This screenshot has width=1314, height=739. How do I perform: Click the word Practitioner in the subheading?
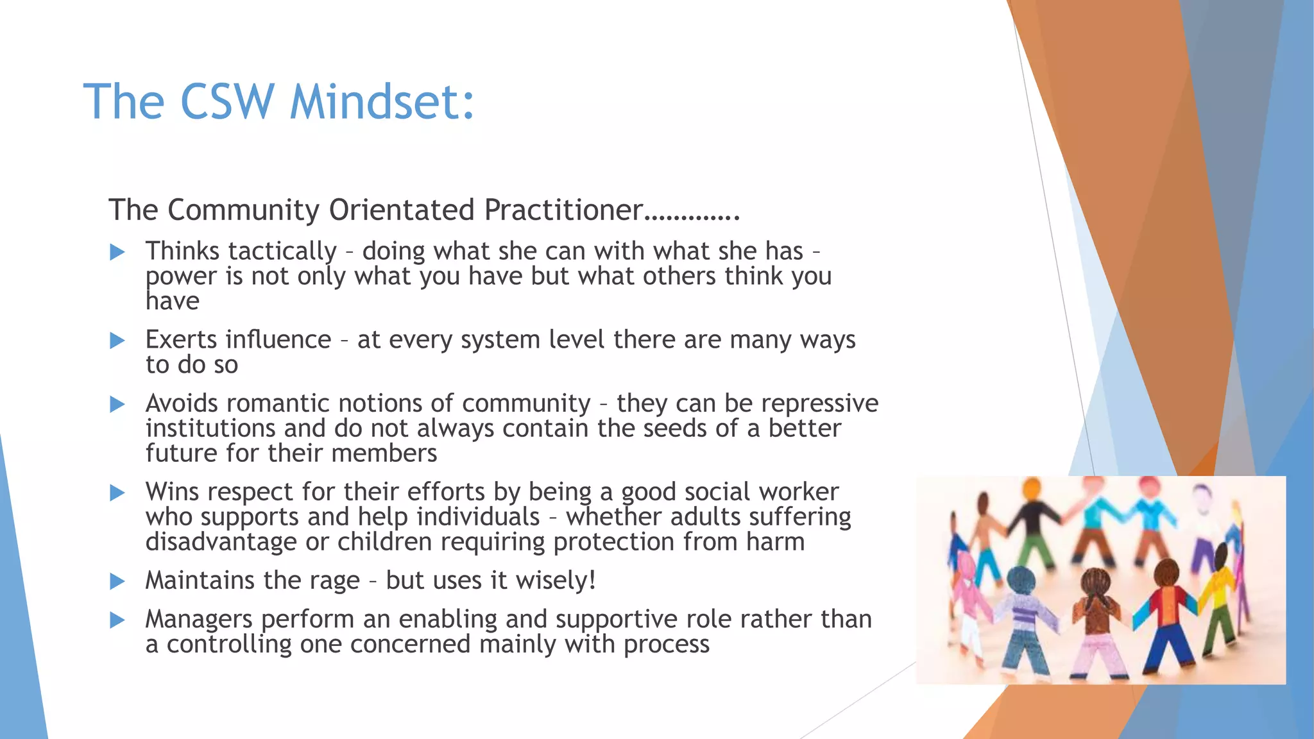coord(563,210)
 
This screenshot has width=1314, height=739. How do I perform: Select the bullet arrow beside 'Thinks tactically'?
coord(117,252)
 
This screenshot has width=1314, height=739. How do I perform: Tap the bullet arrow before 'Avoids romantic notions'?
coord(117,404)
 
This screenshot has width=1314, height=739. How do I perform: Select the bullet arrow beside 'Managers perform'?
coord(117,620)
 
